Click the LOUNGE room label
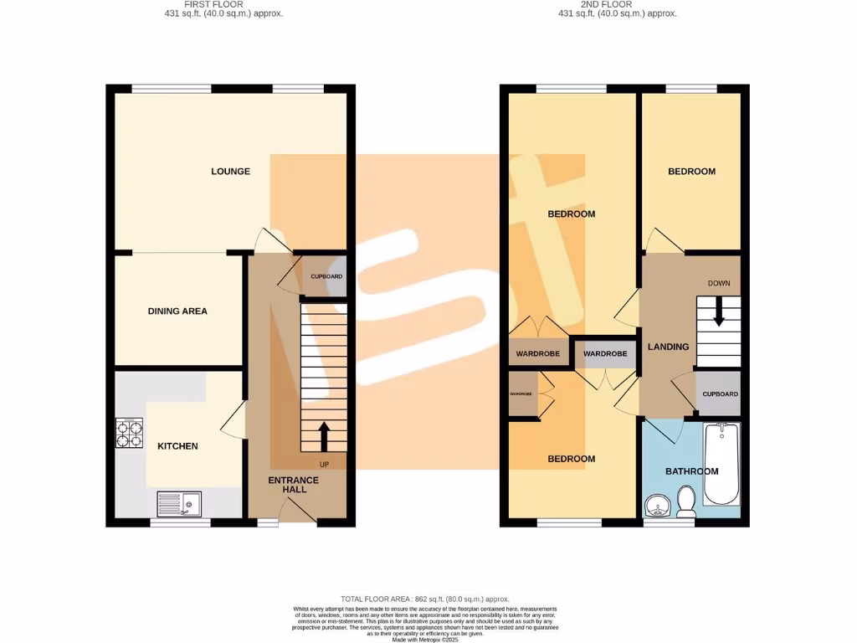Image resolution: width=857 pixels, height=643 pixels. point(230,172)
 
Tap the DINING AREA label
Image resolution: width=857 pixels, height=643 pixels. point(177,311)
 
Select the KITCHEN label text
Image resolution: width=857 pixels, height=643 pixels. point(177,446)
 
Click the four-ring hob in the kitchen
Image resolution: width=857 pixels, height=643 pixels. point(129,433)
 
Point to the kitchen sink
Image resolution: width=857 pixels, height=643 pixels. point(177,505)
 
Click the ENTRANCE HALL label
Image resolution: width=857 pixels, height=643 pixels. point(293,485)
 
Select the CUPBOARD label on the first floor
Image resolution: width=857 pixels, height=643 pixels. point(326,276)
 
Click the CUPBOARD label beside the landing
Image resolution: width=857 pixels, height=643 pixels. point(720,394)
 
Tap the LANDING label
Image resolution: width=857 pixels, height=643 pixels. point(668,347)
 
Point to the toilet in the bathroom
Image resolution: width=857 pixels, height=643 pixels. point(687,502)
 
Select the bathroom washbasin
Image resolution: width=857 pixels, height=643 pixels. point(657,506)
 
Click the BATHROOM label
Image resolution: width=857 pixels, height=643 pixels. point(691,471)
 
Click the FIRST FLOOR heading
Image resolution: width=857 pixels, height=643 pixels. point(213,4)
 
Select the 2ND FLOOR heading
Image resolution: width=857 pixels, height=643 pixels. point(607,4)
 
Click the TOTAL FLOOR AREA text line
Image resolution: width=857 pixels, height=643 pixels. point(425,599)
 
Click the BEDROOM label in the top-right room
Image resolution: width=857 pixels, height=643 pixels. point(691,172)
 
